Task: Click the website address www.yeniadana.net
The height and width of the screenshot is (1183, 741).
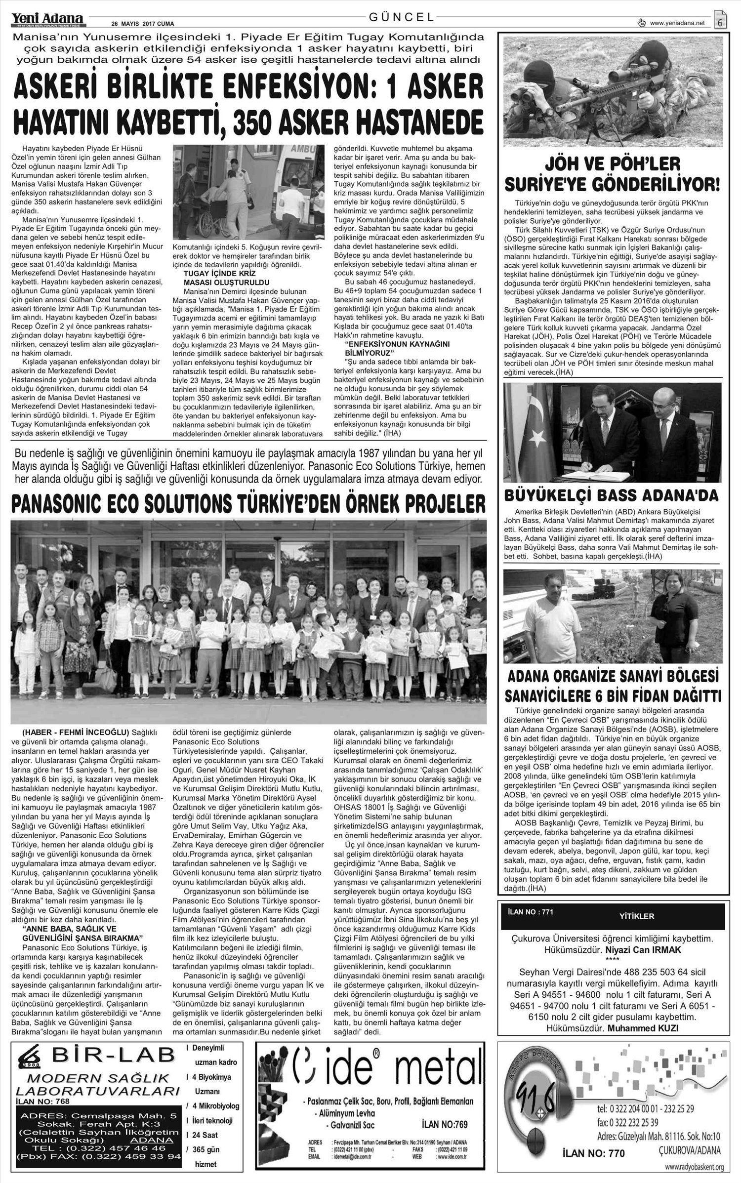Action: click(677, 23)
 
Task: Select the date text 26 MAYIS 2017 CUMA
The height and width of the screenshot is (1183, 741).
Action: click(143, 23)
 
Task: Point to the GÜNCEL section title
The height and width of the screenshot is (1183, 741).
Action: click(402, 17)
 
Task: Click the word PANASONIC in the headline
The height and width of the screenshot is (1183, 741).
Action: click(67, 504)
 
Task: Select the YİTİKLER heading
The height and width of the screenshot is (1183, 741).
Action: click(636, 916)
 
